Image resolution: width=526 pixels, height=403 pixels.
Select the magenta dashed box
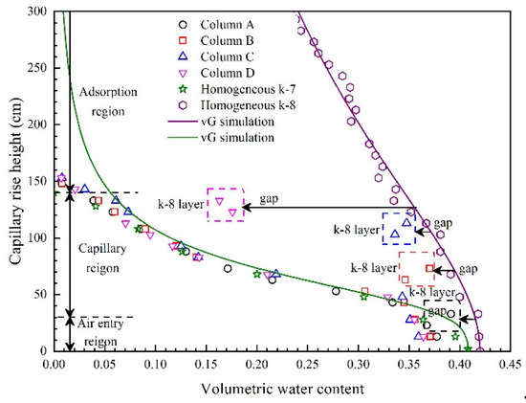(226, 204)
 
